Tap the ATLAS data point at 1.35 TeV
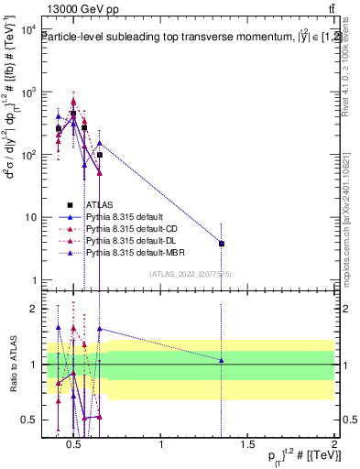(x=222, y=244)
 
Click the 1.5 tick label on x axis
(x=247, y=445)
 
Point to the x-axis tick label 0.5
(x=76, y=445)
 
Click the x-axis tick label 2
(x=333, y=445)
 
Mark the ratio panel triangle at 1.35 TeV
(x=222, y=360)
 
